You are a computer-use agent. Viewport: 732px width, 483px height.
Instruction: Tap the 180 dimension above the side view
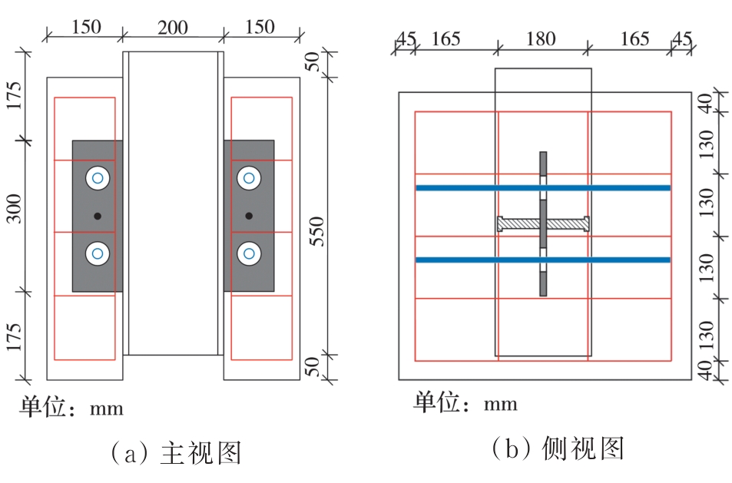tap(541, 38)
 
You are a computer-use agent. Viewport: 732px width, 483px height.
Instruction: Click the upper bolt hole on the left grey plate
tap(98, 179)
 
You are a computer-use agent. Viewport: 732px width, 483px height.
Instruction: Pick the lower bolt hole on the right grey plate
tap(248, 253)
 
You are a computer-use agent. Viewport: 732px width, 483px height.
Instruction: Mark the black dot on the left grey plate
tap(98, 217)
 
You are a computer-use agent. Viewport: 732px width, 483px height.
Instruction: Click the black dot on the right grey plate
tap(249, 217)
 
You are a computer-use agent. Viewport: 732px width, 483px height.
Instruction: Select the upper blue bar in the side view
tap(542, 187)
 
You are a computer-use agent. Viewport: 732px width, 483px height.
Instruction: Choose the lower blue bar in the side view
tap(542, 260)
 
